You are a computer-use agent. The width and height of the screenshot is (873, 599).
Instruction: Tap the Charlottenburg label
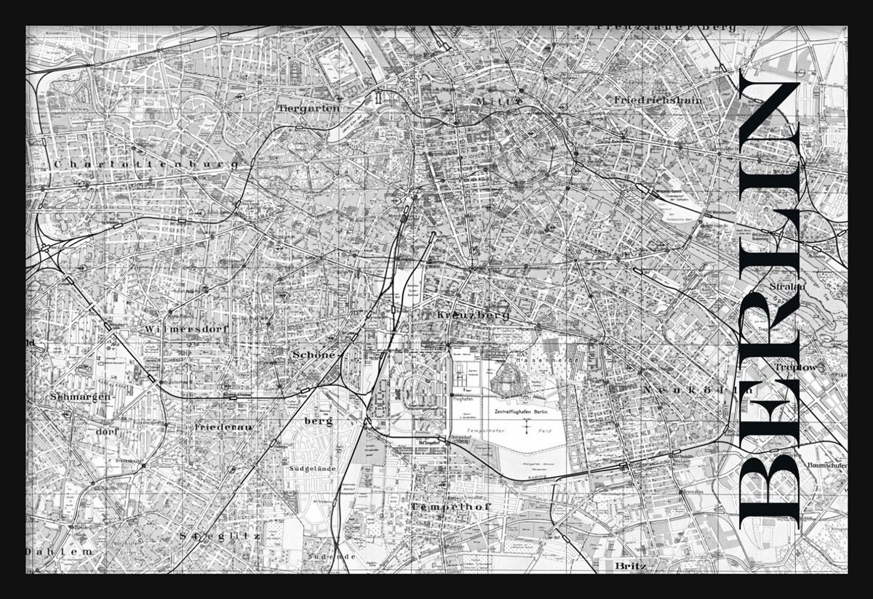(145, 165)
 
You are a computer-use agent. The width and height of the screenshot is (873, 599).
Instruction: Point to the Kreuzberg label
(473, 315)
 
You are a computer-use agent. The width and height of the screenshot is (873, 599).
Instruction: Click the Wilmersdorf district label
(187, 329)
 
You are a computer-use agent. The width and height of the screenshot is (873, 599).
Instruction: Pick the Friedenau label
(223, 427)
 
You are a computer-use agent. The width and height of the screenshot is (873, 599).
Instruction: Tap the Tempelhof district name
(451, 506)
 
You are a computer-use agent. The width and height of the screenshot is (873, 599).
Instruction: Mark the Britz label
(629, 564)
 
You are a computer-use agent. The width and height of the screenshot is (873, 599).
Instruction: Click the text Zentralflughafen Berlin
(520, 412)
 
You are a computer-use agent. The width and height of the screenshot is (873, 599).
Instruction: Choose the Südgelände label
(312, 469)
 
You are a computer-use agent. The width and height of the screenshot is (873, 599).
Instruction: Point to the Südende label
(331, 556)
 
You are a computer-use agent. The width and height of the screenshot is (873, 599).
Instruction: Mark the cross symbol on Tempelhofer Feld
(526, 430)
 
